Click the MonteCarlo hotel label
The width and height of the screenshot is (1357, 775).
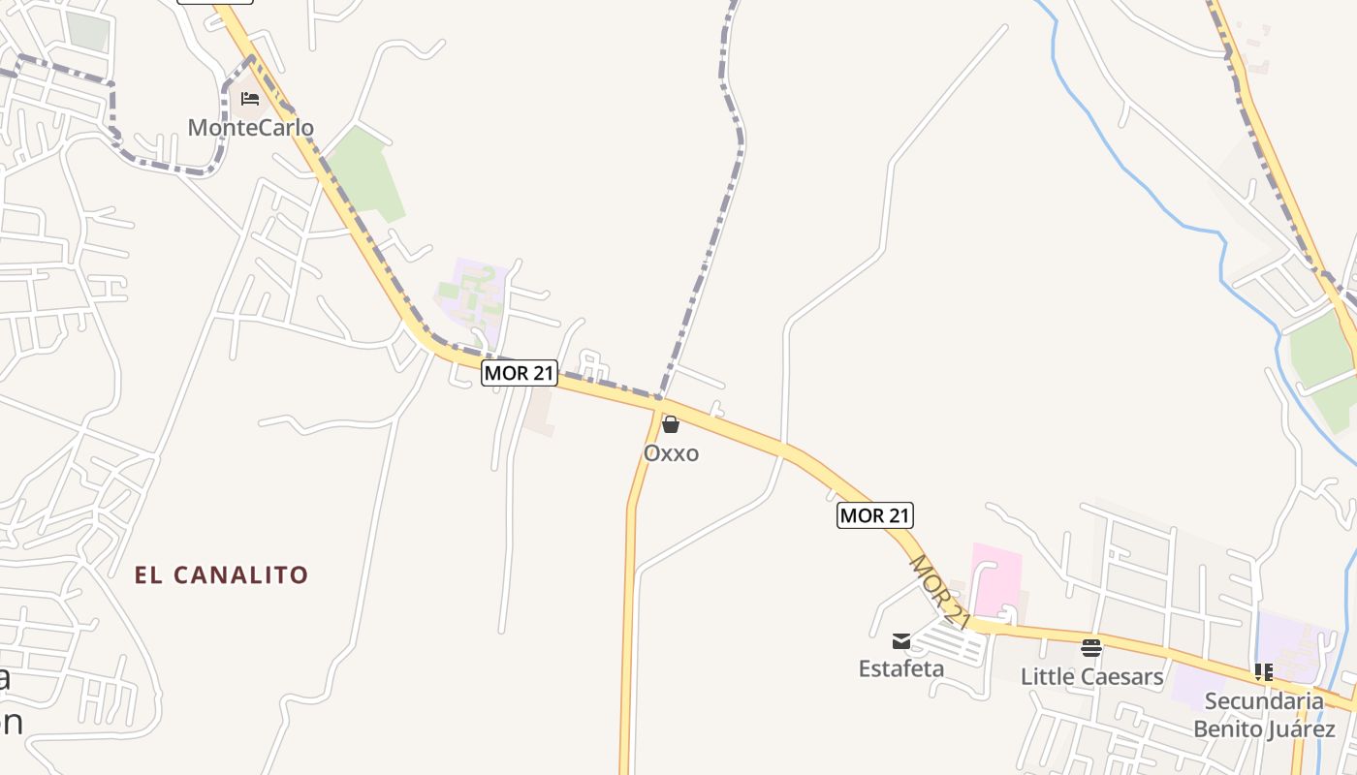coord(250,127)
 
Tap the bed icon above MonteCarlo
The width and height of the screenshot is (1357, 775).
coord(250,99)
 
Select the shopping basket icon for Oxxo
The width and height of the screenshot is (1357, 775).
coord(670,424)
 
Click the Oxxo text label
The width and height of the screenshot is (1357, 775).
coord(671,453)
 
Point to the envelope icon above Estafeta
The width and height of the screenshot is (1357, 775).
coord(901,640)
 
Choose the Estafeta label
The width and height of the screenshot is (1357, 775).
coord(901,668)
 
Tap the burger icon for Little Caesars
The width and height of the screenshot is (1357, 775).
coord(1091,647)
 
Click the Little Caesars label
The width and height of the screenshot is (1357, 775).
coord(1091,676)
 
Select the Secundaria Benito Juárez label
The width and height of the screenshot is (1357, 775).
coord(1264,714)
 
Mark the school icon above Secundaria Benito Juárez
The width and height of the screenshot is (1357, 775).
coord(1264,670)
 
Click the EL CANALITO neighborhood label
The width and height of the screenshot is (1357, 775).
coord(221,574)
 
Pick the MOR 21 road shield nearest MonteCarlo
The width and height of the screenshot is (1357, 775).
coord(520,372)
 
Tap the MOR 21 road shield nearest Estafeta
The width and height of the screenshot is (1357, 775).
coord(875,515)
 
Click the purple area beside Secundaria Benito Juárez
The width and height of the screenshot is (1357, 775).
coord(1293,639)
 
